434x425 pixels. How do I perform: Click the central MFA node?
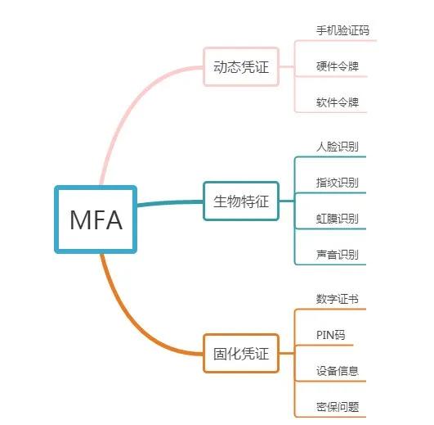[96, 219]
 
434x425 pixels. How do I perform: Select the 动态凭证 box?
[240, 66]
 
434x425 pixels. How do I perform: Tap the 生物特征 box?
[240, 201]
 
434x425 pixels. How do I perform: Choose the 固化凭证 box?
[240, 354]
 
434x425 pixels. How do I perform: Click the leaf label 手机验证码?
[342, 30]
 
